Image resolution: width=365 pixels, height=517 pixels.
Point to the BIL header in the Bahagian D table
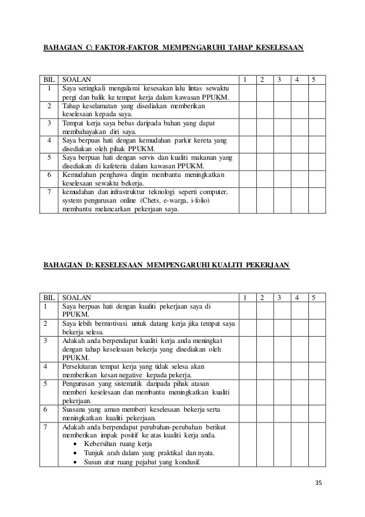coord(50,297)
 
